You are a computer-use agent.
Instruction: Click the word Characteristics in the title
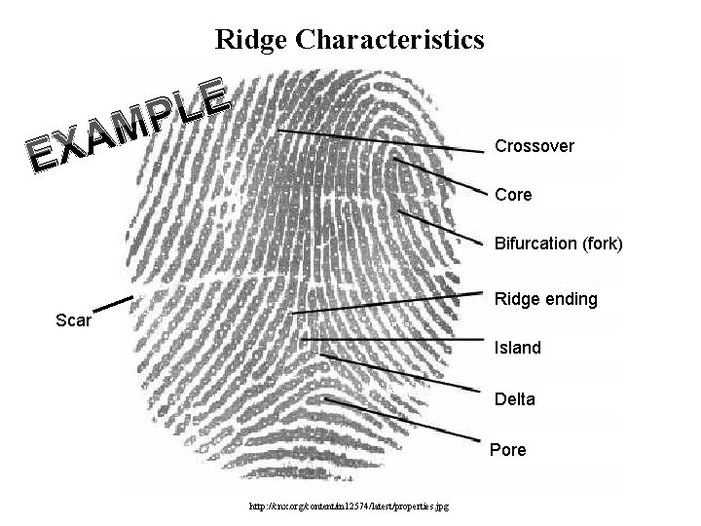click(x=389, y=40)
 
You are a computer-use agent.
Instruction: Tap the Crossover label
click(x=535, y=147)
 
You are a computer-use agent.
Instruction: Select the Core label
click(x=513, y=195)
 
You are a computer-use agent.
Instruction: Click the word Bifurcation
click(x=535, y=244)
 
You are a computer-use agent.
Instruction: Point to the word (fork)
click(x=602, y=244)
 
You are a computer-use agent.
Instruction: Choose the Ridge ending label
click(x=546, y=299)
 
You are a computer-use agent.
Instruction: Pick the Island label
click(x=518, y=348)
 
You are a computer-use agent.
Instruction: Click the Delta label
click(x=515, y=399)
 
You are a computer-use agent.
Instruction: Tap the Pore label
click(x=508, y=450)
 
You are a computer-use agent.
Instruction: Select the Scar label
click(x=74, y=320)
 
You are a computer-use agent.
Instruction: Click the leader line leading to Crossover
click(x=380, y=140)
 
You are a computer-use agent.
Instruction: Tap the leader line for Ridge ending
click(x=389, y=303)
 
